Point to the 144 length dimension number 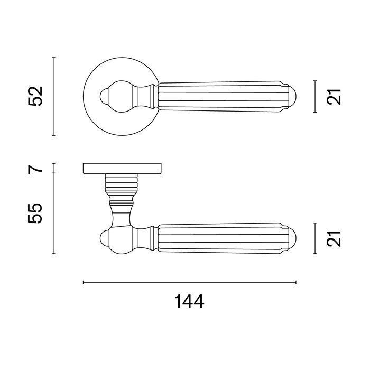189,302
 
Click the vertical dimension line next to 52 55,96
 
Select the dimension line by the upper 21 316,97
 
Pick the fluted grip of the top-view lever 222,97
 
